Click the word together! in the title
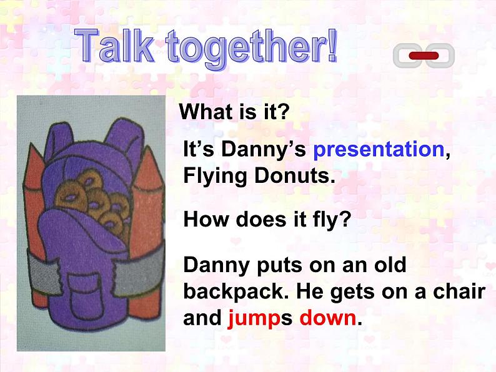coord(252,48)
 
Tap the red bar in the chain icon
coord(424,56)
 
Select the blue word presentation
coord(379,149)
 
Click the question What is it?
coord(234,111)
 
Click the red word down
coord(328,317)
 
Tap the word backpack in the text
coord(236,291)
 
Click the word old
coord(390,264)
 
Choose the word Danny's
coord(263,149)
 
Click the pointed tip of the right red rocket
coord(147,147)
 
